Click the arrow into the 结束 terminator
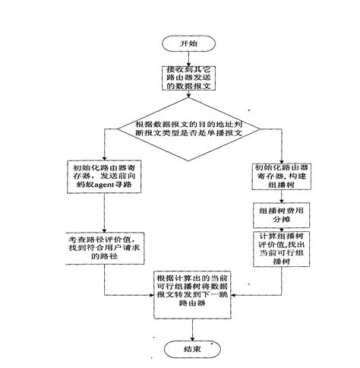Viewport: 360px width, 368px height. tap(192, 327)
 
